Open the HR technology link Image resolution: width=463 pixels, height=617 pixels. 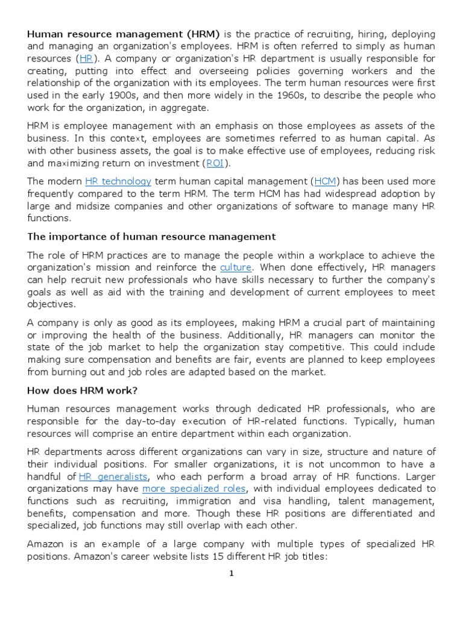tap(118, 181)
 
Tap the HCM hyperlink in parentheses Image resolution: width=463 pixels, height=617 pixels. tap(326, 181)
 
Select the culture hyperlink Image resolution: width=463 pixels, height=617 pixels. tap(235, 267)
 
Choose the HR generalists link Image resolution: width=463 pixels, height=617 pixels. tap(113, 477)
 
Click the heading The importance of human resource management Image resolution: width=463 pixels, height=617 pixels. tap(151, 236)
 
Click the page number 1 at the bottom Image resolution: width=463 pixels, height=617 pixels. tap(231, 573)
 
